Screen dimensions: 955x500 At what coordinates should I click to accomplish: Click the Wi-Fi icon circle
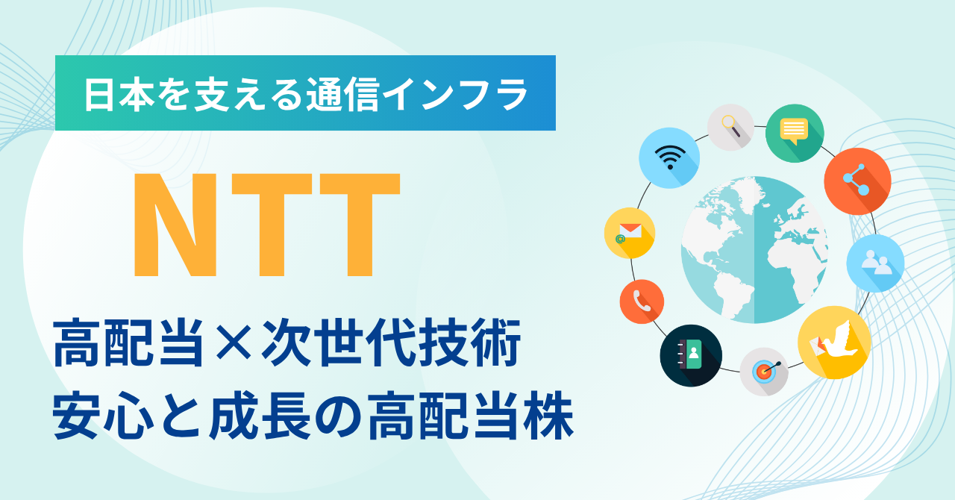pos(669,158)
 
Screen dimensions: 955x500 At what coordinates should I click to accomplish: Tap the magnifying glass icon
pos(730,127)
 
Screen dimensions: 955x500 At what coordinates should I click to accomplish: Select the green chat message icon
pos(795,133)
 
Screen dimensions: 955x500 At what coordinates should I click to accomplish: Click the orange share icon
pos(857,181)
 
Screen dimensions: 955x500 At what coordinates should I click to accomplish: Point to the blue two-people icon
pos(875,263)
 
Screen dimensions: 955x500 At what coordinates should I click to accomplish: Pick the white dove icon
pos(834,342)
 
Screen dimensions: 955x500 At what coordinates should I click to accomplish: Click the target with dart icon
pos(764,372)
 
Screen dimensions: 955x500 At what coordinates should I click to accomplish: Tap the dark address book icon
pos(691,356)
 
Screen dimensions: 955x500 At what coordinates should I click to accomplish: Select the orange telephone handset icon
pos(642,301)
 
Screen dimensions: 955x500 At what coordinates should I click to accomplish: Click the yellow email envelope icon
pos(630,233)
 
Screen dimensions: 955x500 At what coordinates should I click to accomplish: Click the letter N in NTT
pos(175,225)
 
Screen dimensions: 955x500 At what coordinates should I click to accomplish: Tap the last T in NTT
pos(360,225)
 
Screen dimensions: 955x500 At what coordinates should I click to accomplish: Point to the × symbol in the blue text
pos(234,343)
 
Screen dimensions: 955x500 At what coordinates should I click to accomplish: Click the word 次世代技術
pos(391,343)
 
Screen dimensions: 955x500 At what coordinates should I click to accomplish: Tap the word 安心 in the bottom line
pos(103,415)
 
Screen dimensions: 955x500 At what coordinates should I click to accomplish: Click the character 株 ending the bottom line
pos(549,415)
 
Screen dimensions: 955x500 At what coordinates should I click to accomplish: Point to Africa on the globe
pos(793,260)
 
